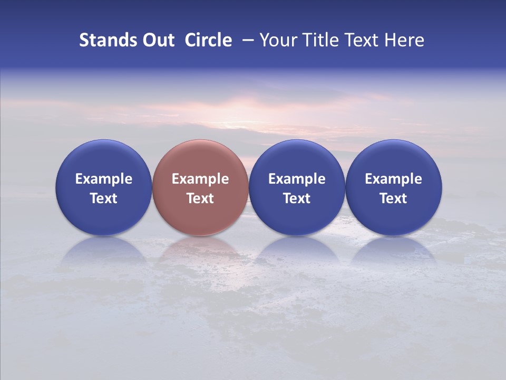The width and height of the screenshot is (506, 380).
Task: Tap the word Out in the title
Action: coord(157,40)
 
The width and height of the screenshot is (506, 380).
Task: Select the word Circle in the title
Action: coord(208,40)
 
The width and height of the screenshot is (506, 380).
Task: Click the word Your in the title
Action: coord(277,40)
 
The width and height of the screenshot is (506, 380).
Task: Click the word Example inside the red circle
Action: coord(200,179)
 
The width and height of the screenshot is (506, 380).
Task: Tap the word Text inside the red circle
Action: coord(200,198)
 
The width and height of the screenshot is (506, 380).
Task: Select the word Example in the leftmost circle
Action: coord(103,179)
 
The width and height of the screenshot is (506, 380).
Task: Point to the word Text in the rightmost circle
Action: coord(394,198)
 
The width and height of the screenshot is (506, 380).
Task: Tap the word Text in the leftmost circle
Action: coord(103,198)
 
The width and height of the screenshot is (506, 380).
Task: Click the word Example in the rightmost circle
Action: coord(394,179)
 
